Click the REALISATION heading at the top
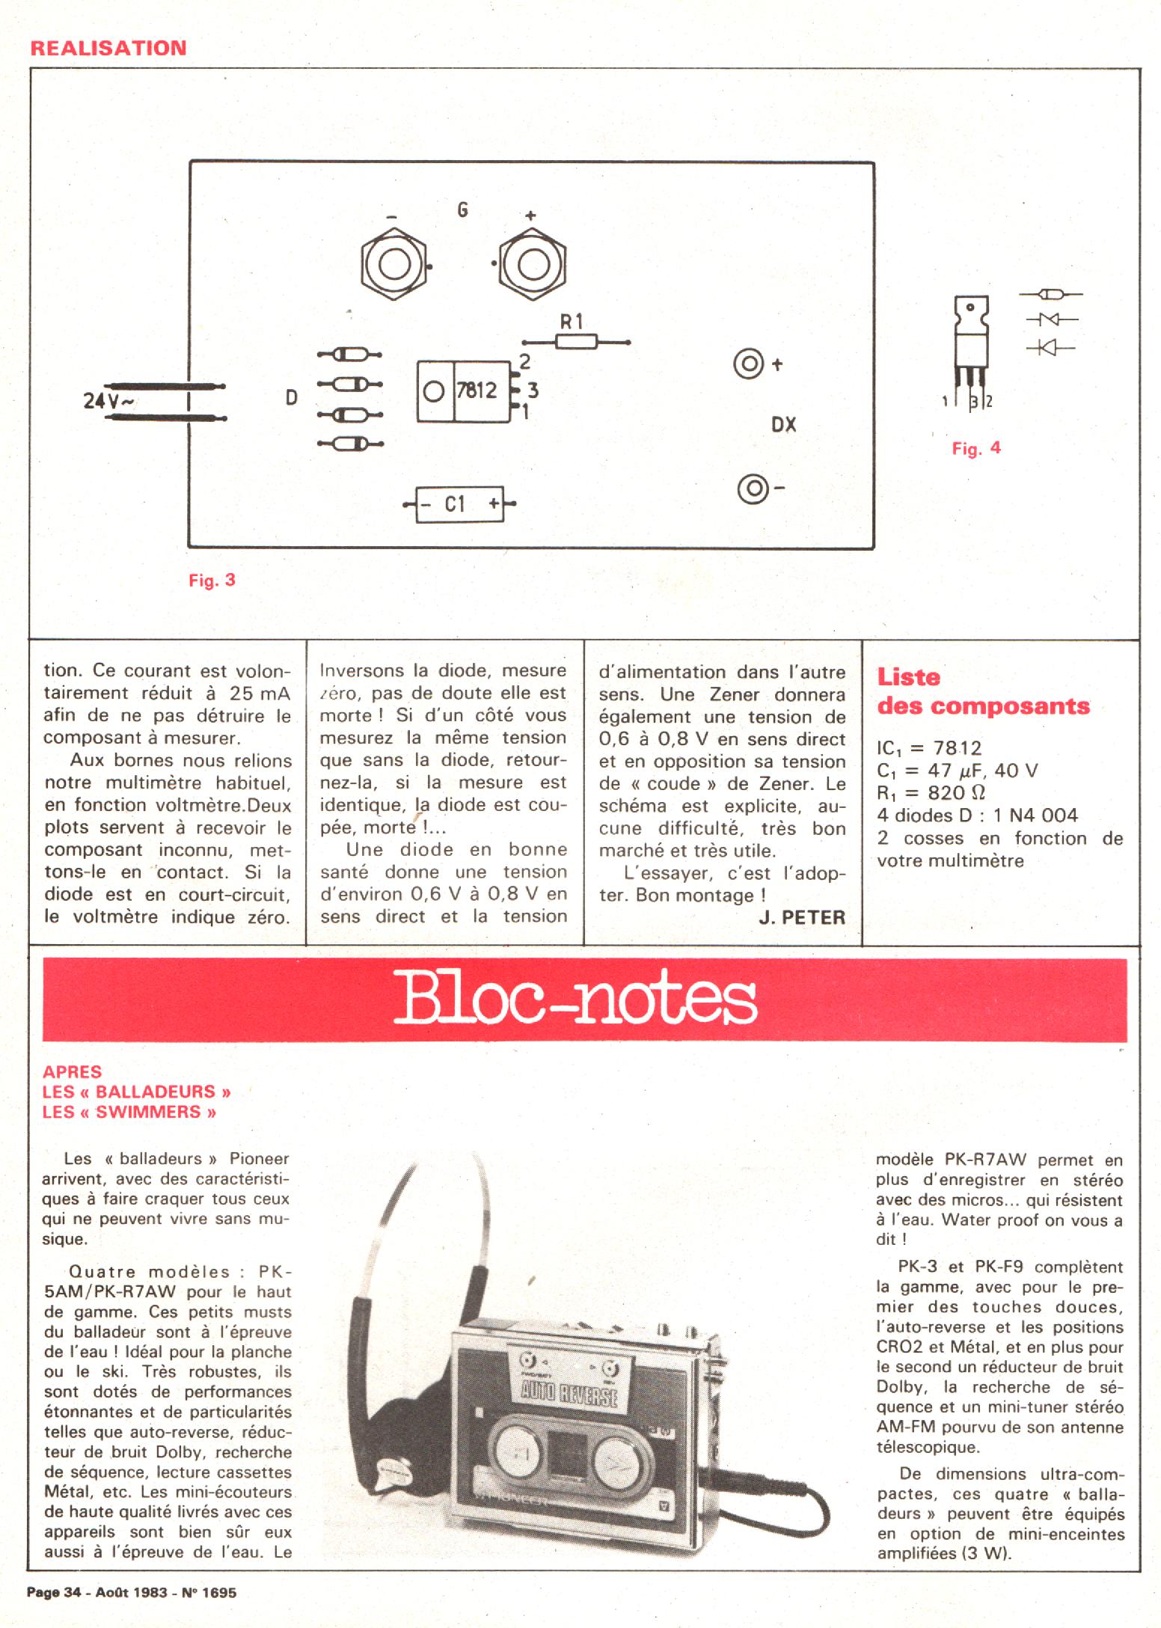(108, 48)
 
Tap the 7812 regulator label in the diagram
(477, 390)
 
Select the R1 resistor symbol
(576, 342)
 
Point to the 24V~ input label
(108, 401)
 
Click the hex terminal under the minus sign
(393, 265)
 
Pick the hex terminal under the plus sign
(532, 265)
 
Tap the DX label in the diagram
(783, 425)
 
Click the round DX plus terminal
(748, 365)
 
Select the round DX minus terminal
(753, 489)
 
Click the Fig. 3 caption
(212, 580)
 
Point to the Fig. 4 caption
(975, 448)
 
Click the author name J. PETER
(801, 917)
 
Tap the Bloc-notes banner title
(575, 1000)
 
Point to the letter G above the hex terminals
(462, 210)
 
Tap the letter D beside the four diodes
(292, 398)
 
